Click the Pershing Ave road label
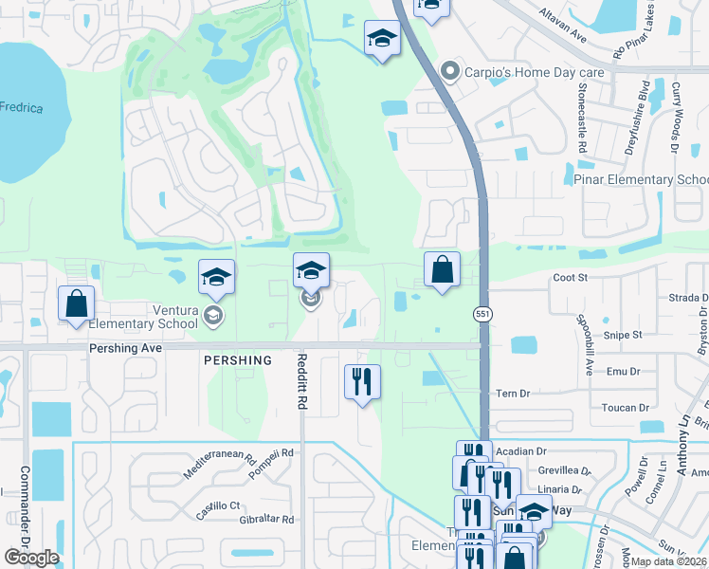click(127, 348)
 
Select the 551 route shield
click(482, 312)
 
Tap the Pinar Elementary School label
click(641, 179)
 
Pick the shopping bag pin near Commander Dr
click(77, 304)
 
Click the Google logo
click(31, 558)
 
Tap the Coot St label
click(571, 278)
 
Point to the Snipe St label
click(624, 335)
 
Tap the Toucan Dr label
click(624, 408)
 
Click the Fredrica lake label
click(22, 108)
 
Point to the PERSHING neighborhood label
click(237, 360)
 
